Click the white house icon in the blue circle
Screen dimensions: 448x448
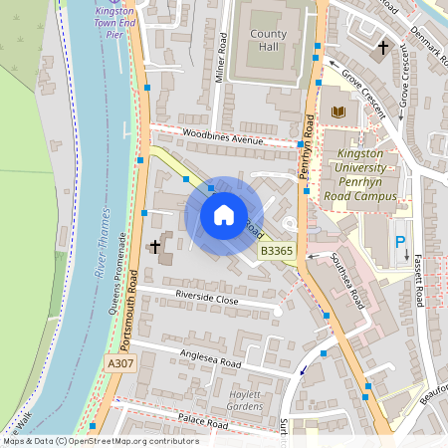tap(224, 215)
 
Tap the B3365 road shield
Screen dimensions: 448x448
tap(277, 252)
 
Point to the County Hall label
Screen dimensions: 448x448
tap(268, 41)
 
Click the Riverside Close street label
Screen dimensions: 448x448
tap(208, 299)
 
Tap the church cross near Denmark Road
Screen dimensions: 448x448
tap(383, 47)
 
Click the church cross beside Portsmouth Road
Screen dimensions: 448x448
tap(155, 245)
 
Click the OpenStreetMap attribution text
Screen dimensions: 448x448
tap(101, 441)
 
